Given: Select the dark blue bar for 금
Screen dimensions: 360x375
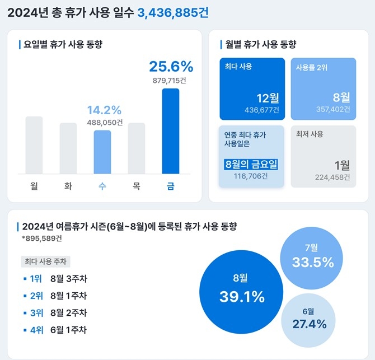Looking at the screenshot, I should click(171, 131).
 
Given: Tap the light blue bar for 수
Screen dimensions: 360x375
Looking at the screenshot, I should click(102, 152).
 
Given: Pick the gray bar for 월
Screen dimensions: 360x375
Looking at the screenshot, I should click(34, 145).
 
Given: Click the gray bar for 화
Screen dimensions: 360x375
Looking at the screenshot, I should click(68, 148).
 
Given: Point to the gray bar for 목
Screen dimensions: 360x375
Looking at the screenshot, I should click(137, 148).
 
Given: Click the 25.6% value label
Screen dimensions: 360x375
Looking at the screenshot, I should click(171, 67).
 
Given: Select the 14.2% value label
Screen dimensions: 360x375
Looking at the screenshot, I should click(104, 110).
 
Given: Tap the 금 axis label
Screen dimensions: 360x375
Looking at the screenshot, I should click(171, 186).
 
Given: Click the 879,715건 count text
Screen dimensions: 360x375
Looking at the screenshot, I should click(170, 81).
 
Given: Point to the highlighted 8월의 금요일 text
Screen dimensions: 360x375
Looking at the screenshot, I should click(250, 165).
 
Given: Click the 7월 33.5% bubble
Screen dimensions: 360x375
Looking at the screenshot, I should click(312, 256).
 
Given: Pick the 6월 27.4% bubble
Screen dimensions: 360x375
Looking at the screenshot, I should click(312, 319).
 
